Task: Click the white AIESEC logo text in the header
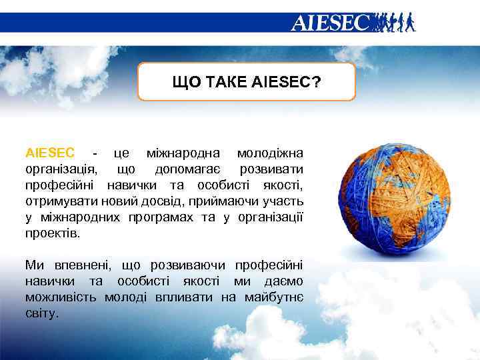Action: click(329, 23)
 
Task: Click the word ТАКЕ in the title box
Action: click(226, 81)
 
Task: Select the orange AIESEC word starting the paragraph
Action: click(50, 153)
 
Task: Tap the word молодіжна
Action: click(270, 153)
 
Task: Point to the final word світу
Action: click(41, 312)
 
